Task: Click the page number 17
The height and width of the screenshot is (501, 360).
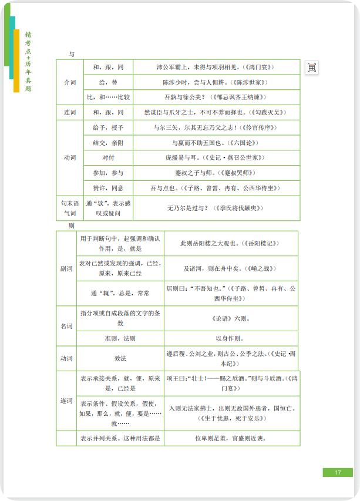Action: [x=338, y=472]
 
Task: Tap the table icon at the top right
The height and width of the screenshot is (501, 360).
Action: [x=312, y=68]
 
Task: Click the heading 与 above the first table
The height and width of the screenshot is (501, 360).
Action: [x=72, y=54]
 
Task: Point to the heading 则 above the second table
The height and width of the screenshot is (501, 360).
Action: [x=72, y=226]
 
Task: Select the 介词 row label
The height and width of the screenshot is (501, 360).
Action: [x=70, y=82]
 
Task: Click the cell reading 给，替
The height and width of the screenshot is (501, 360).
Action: [x=109, y=82]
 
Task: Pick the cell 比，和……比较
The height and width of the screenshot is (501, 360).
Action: [x=109, y=97]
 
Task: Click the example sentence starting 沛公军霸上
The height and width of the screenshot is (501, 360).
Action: [x=216, y=68]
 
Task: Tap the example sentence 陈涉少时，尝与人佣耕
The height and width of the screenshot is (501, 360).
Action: [x=216, y=82]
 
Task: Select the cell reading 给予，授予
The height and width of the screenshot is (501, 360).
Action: [x=109, y=127]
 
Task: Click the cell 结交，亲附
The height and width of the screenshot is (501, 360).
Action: [x=109, y=143]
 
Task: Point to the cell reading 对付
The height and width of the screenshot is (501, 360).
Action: [x=109, y=158]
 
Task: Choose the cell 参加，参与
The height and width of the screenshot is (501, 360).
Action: [x=109, y=173]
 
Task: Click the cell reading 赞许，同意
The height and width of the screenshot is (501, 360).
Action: [x=109, y=188]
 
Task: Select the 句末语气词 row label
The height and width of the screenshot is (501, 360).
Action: [x=70, y=208]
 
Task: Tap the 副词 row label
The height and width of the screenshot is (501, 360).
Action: [x=67, y=268]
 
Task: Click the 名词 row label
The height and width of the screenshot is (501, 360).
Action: [x=67, y=325]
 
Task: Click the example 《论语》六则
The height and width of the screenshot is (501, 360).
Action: [x=231, y=319]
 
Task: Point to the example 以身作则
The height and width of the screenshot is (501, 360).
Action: [x=231, y=338]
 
